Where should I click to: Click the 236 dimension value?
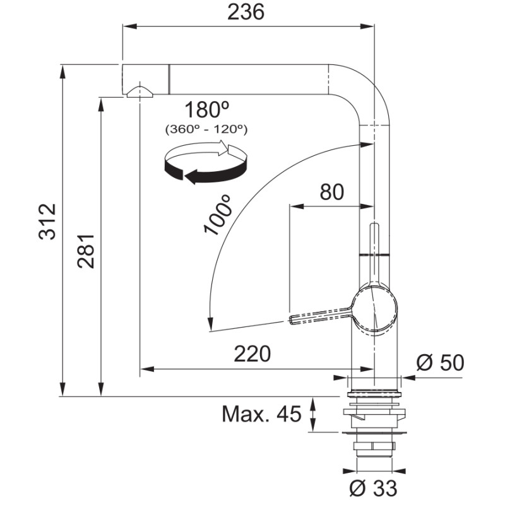[x=246, y=12]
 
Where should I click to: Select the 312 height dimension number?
[x=47, y=222]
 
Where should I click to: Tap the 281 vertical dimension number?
[x=86, y=251]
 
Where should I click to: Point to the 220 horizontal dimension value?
[x=252, y=354]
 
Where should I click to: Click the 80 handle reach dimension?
[x=332, y=193]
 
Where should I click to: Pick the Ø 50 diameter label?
[x=440, y=362]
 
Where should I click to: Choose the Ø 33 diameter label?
[x=373, y=488]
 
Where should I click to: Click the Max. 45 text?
[x=261, y=414]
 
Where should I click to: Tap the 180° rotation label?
[x=207, y=109]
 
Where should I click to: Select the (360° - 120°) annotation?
[x=206, y=129]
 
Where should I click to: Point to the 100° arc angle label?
[x=218, y=215]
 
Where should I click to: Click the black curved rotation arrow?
[x=206, y=170]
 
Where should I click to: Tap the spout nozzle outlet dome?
[x=140, y=92]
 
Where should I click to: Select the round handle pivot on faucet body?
[x=376, y=309]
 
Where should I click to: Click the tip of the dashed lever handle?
[x=291, y=320]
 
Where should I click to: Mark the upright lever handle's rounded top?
[x=374, y=225]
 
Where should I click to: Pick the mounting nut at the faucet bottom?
[x=374, y=446]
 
